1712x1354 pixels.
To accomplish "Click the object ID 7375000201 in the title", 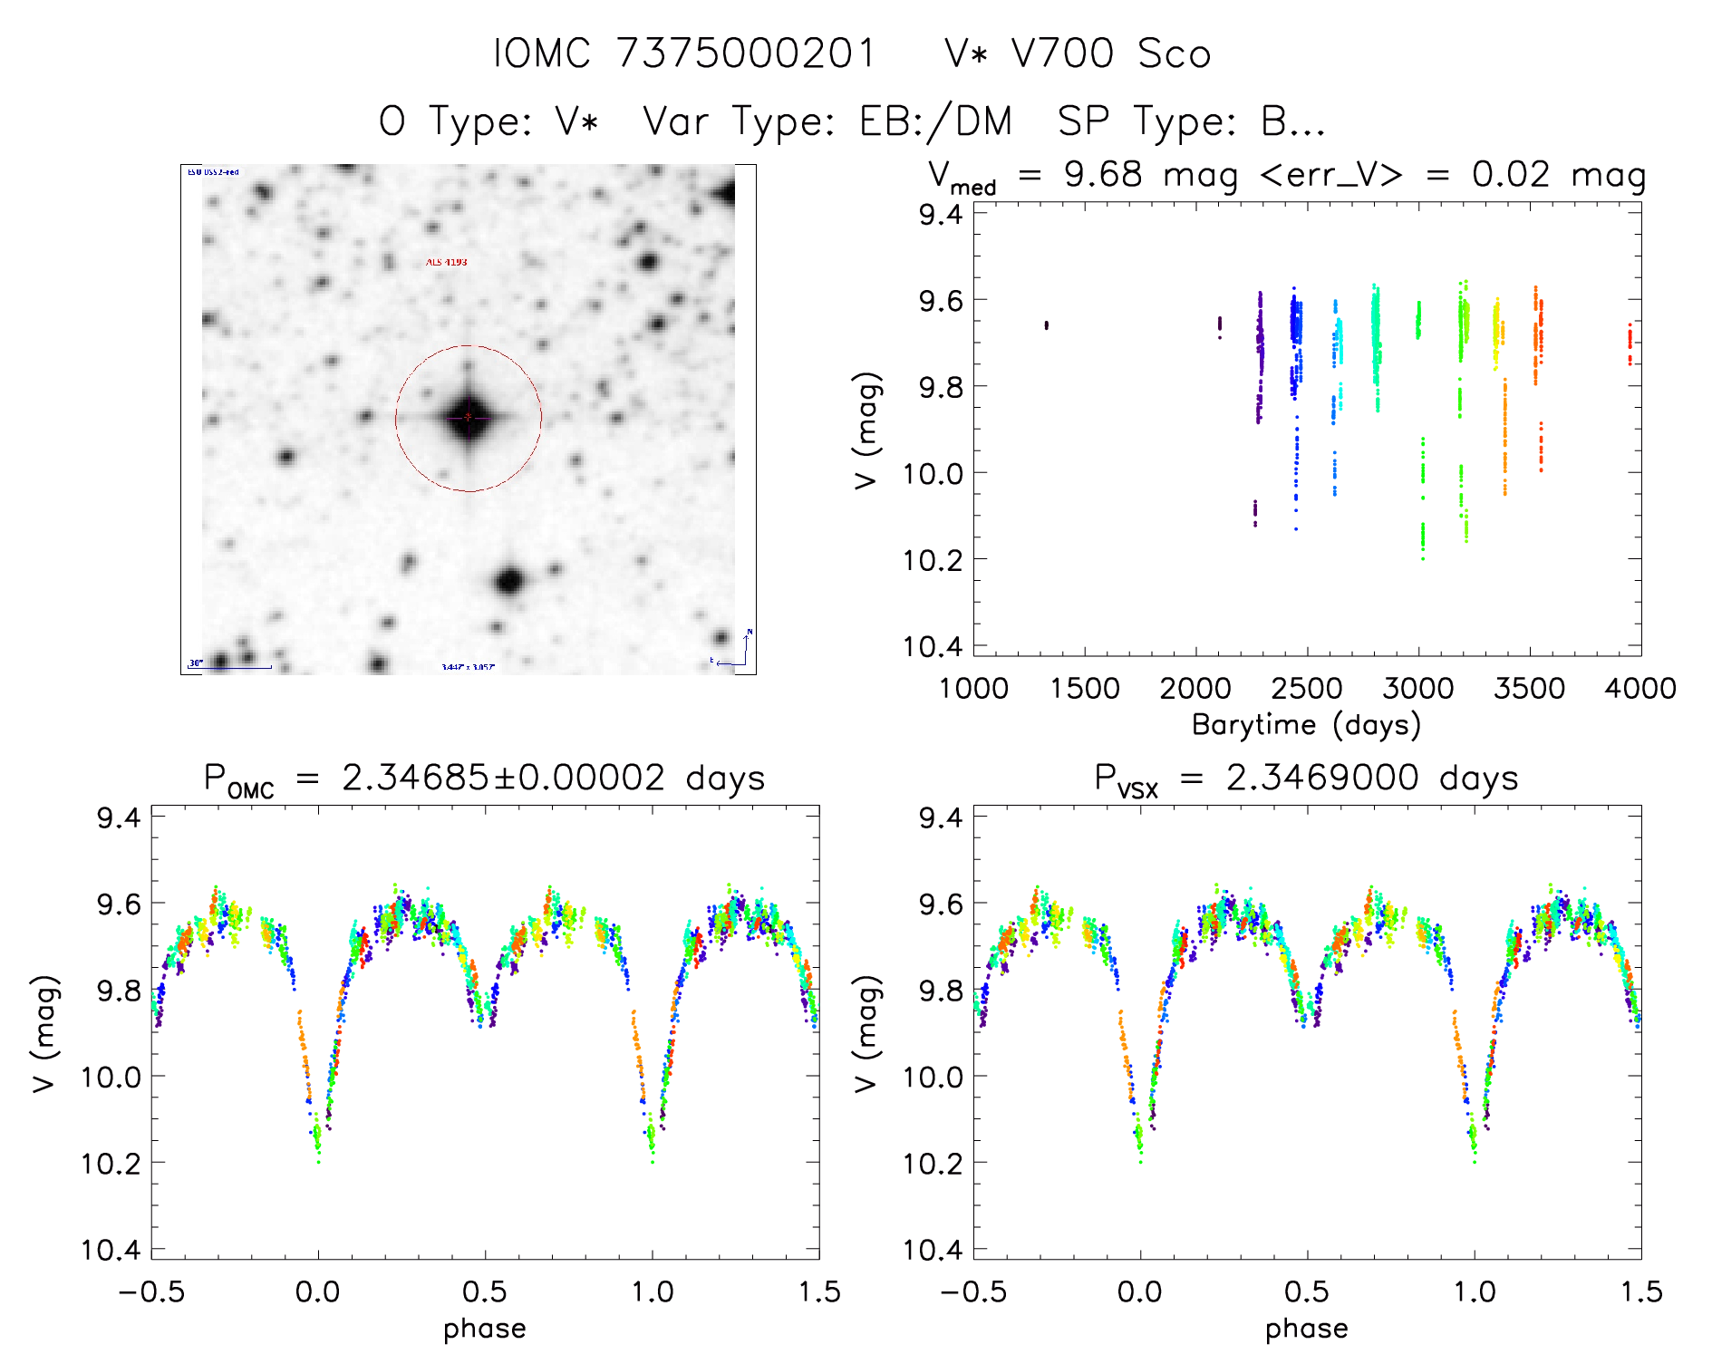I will pyautogui.click(x=746, y=53).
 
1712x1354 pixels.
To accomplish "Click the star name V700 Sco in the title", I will pyautogui.click(x=1077, y=53).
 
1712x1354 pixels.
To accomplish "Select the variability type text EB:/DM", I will pyautogui.click(x=934, y=121).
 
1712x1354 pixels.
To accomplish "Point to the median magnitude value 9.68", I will pyautogui.click(x=1103, y=174).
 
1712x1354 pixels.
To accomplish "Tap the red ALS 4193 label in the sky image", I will pyautogui.click(x=447, y=262).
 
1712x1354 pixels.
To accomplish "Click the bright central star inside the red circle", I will pyautogui.click(x=468, y=417).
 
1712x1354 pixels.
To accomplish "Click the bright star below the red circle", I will pyautogui.click(x=509, y=581).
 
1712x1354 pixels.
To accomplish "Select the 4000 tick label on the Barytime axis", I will pyautogui.click(x=1639, y=688).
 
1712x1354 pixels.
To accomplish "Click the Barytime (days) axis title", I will pyautogui.click(x=1306, y=725).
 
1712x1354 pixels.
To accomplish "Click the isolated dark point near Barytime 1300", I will pyautogui.click(x=1047, y=324).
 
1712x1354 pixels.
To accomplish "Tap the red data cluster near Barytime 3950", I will pyautogui.click(x=1630, y=343).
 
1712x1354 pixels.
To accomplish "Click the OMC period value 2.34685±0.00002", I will pyautogui.click(x=503, y=778).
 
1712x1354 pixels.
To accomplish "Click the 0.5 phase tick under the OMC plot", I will pyautogui.click(x=485, y=1291).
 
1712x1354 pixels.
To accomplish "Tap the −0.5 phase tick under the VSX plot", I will pyautogui.click(x=972, y=1291).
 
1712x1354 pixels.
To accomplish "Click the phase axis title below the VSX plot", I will pyautogui.click(x=1306, y=1329).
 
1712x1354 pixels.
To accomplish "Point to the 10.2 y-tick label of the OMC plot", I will pyautogui.click(x=111, y=1163).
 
